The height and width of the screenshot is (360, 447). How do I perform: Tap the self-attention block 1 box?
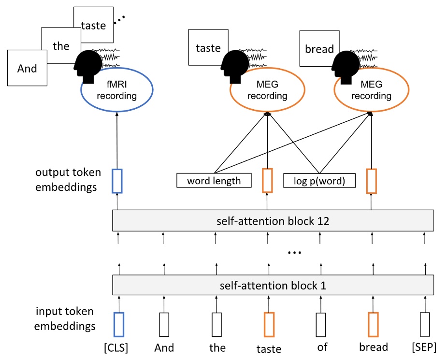273,286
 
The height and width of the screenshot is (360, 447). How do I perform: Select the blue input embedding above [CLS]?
118,324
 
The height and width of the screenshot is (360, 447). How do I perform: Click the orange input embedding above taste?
269,324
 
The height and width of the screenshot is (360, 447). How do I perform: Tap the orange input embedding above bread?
373,324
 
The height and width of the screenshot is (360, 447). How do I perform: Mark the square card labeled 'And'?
27,69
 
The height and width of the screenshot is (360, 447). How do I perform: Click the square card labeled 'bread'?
319,48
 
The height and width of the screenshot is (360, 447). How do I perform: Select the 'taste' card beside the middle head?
208,48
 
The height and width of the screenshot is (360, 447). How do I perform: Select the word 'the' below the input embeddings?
217,347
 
